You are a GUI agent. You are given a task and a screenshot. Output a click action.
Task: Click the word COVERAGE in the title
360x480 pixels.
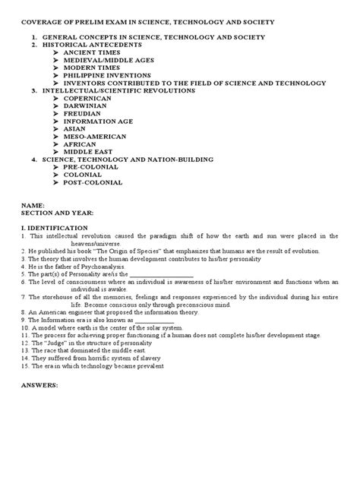coord(41,23)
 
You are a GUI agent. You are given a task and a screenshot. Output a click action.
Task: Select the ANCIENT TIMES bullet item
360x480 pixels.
coord(90,52)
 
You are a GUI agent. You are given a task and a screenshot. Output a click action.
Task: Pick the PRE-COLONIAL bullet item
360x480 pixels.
coord(91,167)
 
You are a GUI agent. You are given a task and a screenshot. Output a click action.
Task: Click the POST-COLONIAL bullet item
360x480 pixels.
coord(93,182)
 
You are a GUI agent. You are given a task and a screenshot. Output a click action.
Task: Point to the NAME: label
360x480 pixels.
coord(33,206)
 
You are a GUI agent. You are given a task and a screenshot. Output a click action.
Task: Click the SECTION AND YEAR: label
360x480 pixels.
coord(57,213)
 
